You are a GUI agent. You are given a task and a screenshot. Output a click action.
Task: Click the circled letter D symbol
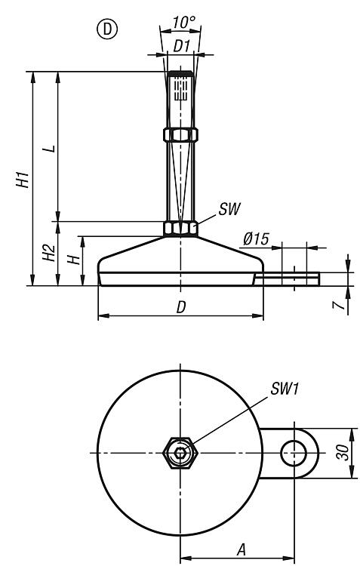[x=107, y=29]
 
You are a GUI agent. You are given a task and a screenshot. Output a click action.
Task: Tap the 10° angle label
[x=183, y=23]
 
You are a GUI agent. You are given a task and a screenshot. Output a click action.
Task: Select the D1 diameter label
[x=181, y=46]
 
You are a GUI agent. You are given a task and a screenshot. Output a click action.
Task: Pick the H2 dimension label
[x=49, y=253]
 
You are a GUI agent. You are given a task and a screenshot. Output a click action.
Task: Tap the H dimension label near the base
[x=75, y=259]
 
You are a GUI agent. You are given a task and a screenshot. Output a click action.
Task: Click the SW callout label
[x=229, y=209]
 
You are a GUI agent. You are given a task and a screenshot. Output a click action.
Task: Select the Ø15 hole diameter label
[x=256, y=238]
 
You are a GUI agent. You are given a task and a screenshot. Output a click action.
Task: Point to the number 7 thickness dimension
[x=338, y=306]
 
